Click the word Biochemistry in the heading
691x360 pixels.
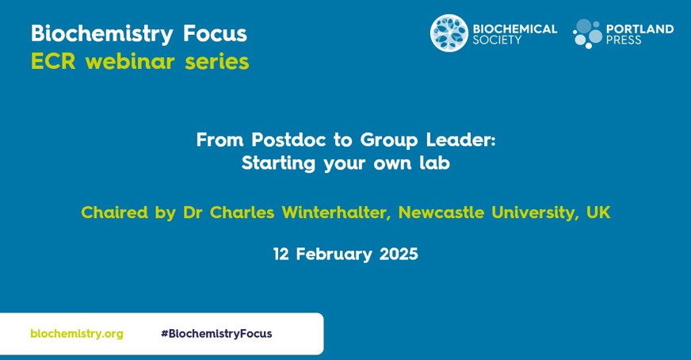click(x=101, y=34)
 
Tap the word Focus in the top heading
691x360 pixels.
click(x=215, y=33)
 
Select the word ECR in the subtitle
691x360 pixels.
click(x=53, y=62)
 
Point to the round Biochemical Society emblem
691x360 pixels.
click(x=449, y=33)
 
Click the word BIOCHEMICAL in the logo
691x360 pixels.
click(x=515, y=29)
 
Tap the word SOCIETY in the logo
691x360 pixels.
click(x=497, y=40)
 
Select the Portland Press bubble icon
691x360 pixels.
click(x=587, y=33)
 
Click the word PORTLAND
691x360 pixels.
click(x=639, y=29)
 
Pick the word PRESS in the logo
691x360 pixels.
click(x=624, y=40)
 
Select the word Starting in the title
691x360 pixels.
click(x=278, y=164)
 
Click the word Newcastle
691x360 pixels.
click(x=441, y=213)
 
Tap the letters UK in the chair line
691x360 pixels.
click(x=598, y=213)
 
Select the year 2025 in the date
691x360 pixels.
click(x=399, y=254)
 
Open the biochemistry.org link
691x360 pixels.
click(x=77, y=334)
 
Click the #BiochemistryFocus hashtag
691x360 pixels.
click(x=216, y=334)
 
